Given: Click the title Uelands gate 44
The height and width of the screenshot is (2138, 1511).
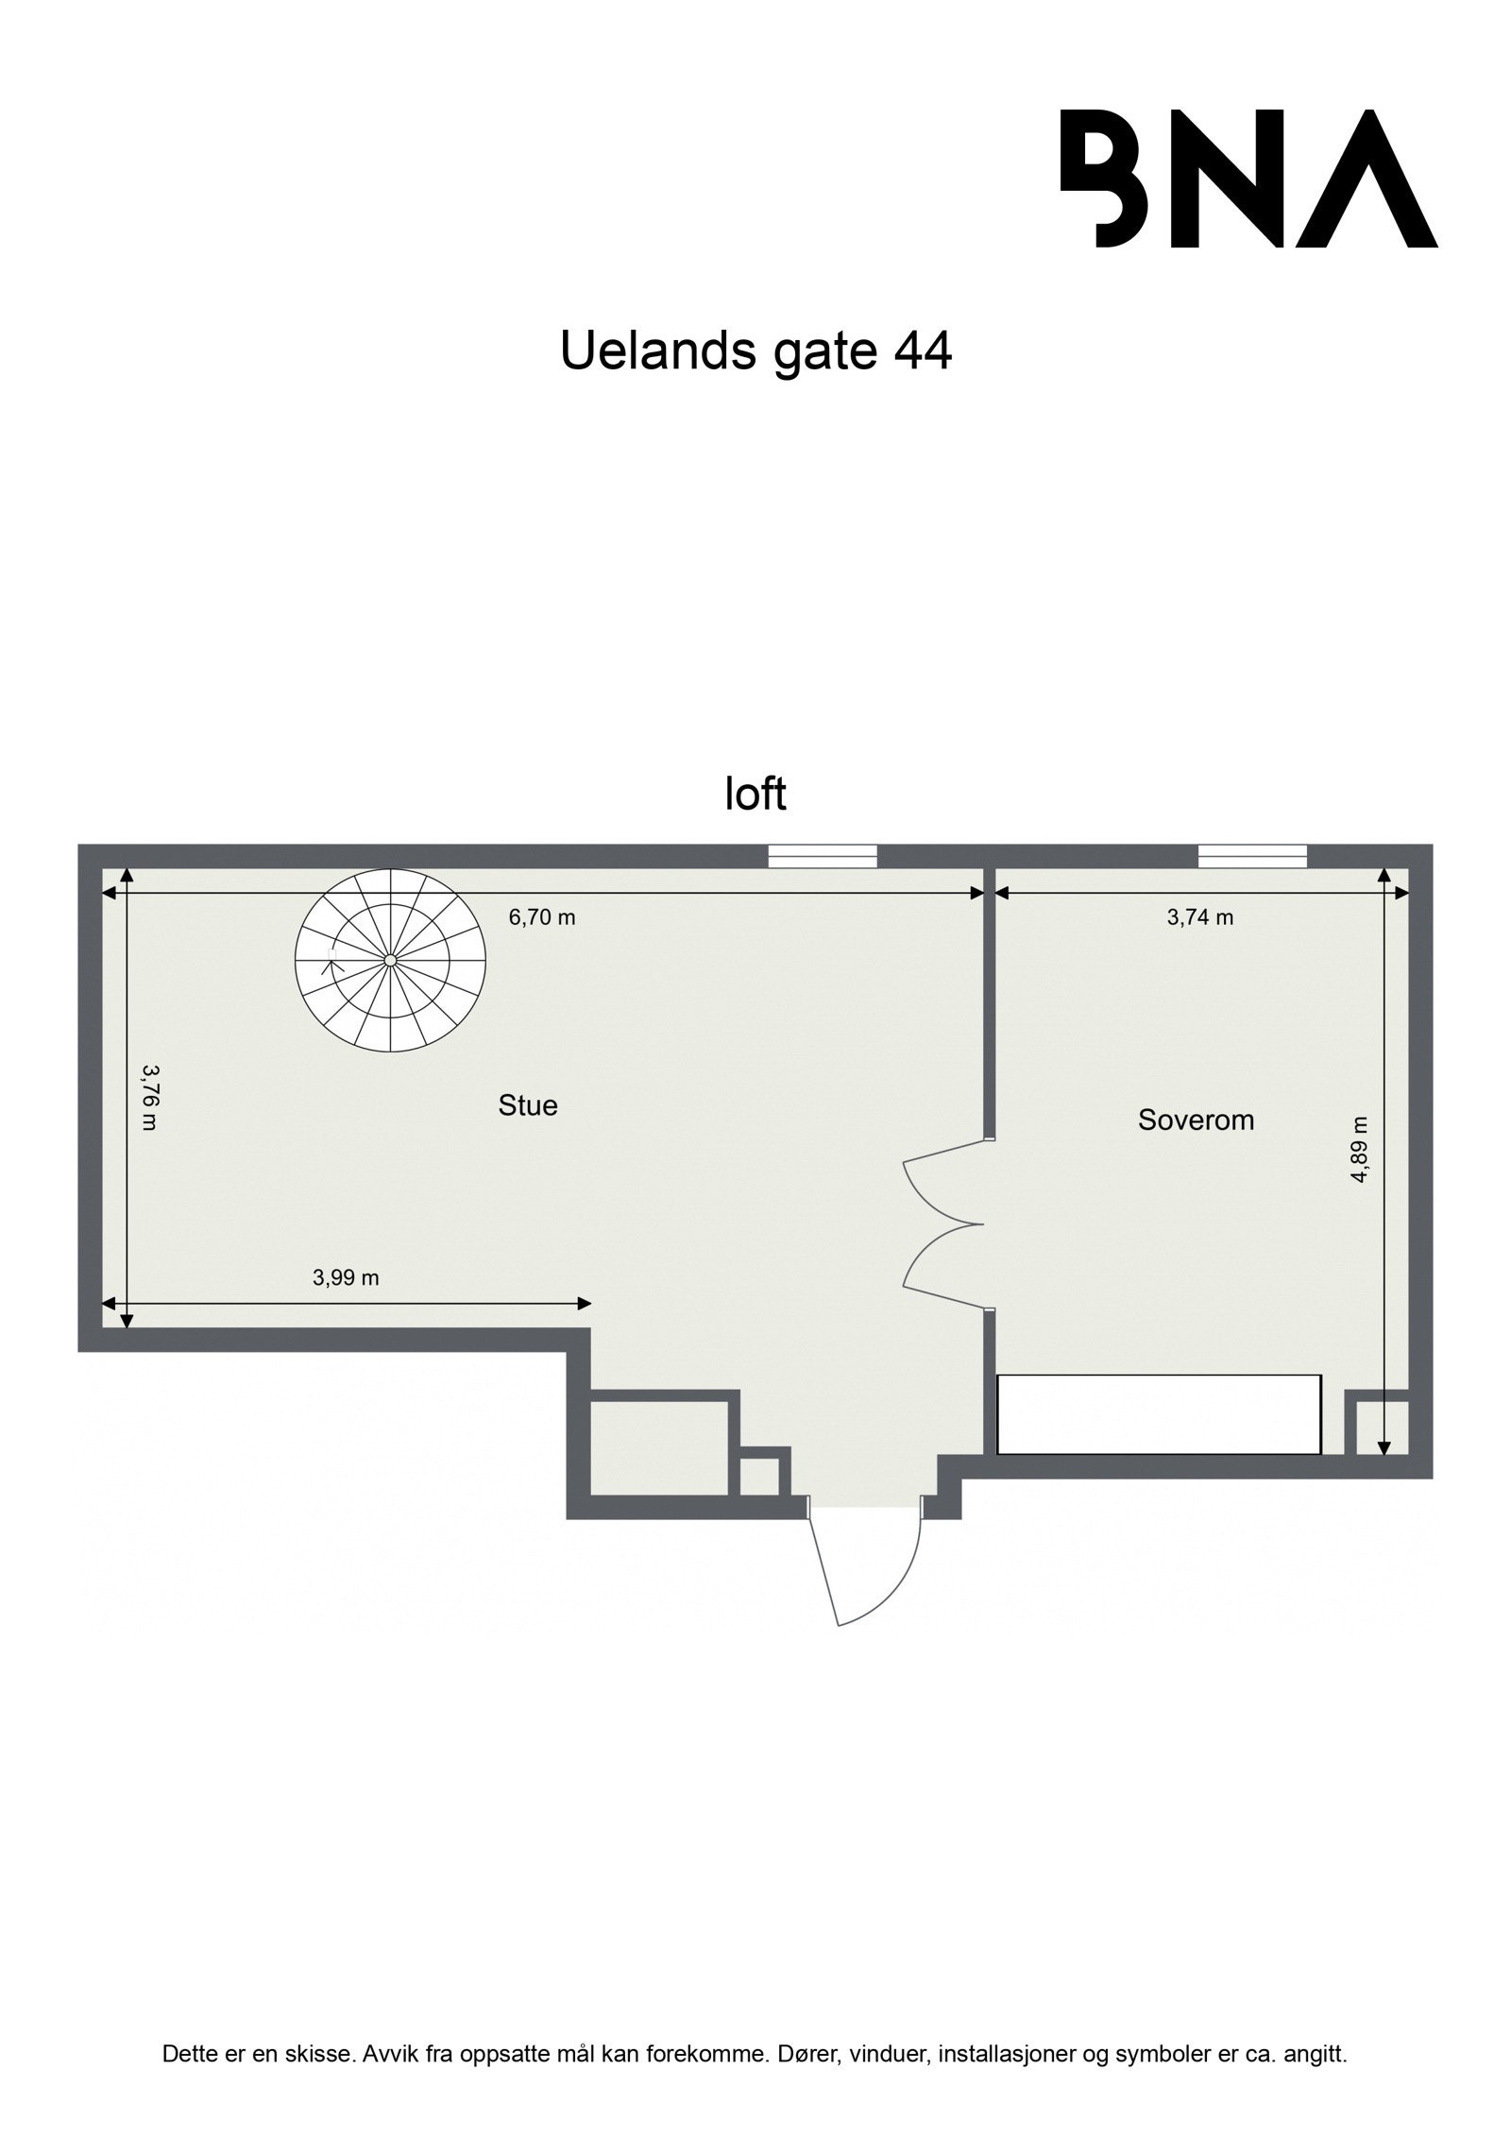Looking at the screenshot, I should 755,351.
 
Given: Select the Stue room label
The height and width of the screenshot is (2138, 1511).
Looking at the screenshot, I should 528,1104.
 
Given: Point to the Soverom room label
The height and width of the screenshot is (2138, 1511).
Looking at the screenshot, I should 1196,1120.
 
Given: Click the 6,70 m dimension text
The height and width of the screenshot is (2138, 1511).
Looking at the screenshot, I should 542,916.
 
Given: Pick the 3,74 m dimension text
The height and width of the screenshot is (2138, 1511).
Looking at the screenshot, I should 1200,916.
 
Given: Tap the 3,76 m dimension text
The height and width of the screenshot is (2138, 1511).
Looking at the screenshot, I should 149,1097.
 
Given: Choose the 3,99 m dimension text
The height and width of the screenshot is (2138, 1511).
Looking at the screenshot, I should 346,1277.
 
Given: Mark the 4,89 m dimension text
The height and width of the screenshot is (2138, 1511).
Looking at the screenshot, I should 1359,1149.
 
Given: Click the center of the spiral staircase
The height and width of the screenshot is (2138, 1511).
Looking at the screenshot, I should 390,960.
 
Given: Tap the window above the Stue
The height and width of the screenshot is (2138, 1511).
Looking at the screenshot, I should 823,856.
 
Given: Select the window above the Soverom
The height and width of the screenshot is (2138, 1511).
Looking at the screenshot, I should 1252,856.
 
